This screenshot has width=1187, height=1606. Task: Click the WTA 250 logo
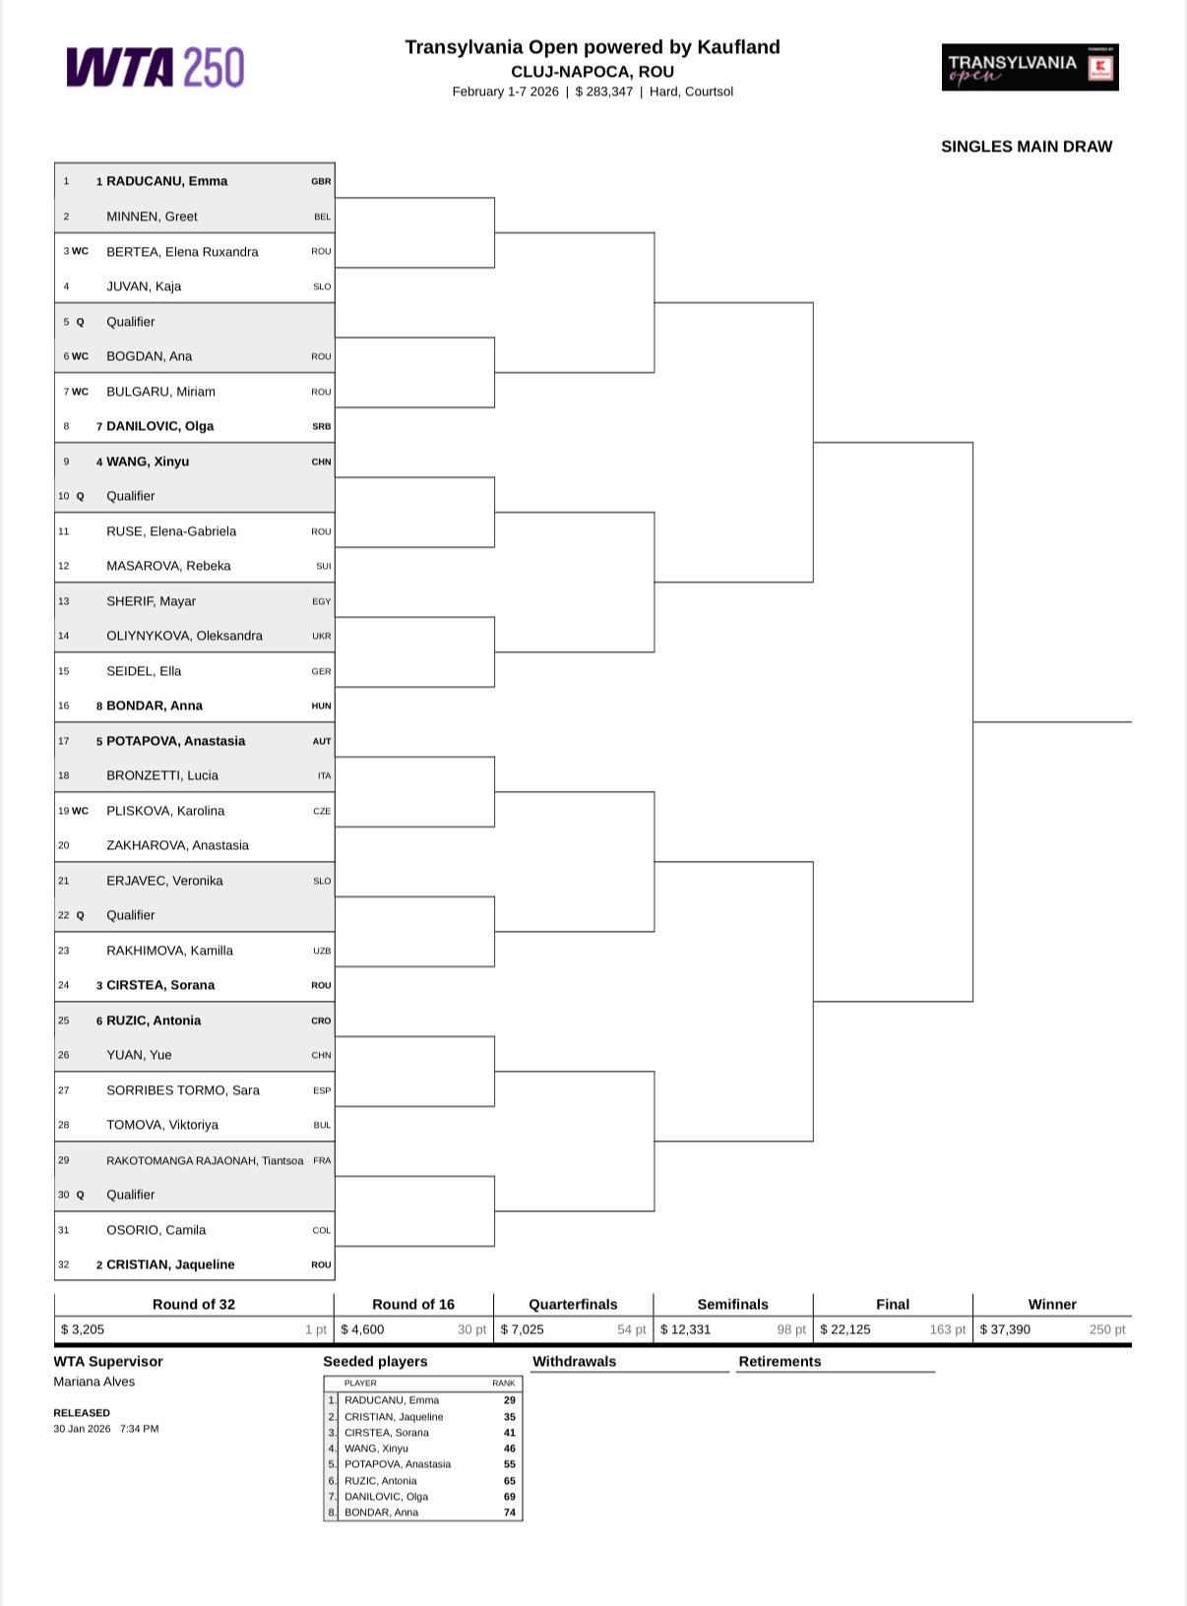(156, 68)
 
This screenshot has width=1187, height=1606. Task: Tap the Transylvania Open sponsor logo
(1030, 67)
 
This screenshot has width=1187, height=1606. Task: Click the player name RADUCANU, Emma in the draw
(166, 181)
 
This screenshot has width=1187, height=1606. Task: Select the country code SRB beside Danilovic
(321, 426)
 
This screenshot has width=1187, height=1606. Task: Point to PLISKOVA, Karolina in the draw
(165, 811)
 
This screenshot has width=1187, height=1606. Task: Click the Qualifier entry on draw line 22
(131, 915)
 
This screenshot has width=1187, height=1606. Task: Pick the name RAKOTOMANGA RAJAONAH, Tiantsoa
(205, 1160)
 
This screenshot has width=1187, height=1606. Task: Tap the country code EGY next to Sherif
(321, 601)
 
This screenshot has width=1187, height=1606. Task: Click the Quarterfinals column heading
(573, 1304)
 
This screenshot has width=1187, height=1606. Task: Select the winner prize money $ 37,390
(1005, 1329)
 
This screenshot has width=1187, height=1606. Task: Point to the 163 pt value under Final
(947, 1329)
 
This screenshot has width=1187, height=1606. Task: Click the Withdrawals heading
(574, 1361)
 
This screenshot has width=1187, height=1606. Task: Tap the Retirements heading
(780, 1361)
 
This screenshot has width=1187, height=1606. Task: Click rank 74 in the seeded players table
(510, 1513)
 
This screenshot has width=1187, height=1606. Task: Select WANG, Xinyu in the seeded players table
(376, 1449)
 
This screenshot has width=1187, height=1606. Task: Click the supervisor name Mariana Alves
(94, 1382)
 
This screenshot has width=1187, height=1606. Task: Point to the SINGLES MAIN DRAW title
(1027, 147)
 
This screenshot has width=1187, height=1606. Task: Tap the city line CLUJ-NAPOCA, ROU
(593, 72)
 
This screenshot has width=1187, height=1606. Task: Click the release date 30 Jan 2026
(82, 1429)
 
